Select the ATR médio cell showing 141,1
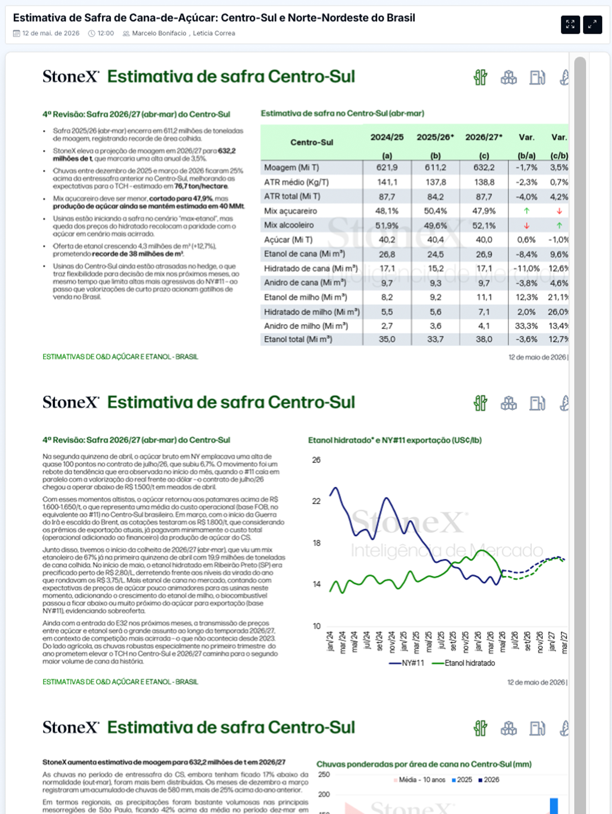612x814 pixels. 387,182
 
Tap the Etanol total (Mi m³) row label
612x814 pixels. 298,339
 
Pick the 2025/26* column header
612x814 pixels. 435,137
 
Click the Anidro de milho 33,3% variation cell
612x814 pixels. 526,326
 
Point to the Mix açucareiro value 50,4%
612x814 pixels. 435,211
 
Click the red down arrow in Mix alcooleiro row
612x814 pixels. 527,226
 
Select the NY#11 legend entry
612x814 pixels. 406,663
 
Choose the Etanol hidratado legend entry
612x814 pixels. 463,663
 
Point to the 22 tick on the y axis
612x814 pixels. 316,501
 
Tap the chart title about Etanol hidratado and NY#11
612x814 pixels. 395,440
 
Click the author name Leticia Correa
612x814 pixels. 214,33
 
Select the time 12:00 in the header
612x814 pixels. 106,33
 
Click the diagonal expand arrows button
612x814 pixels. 593,25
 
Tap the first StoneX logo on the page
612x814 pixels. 71,76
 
